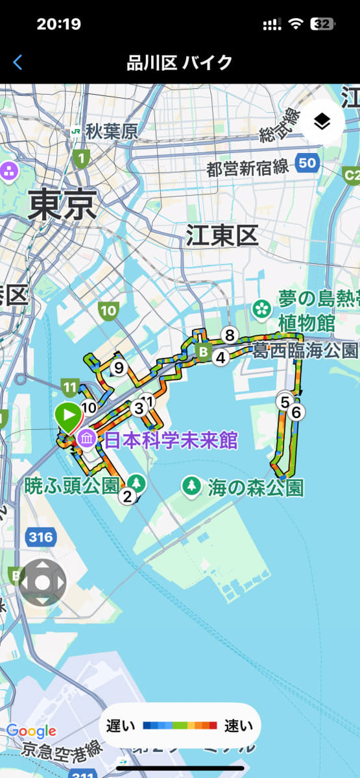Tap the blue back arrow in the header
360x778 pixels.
tap(18, 62)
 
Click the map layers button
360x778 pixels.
tap(322, 121)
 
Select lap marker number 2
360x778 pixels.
tap(127, 497)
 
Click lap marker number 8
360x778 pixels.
tap(228, 335)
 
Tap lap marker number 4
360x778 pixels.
tap(221, 357)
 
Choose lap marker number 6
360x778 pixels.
tap(296, 411)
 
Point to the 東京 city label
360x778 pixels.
tap(62, 206)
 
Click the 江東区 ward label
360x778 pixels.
tap(222, 236)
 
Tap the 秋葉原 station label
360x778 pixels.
tap(112, 132)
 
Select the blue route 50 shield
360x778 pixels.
tap(307, 162)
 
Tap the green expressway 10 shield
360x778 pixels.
tap(108, 311)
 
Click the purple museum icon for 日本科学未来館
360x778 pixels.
tap(87, 441)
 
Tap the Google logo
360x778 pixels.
tap(31, 731)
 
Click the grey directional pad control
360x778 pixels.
tap(42, 582)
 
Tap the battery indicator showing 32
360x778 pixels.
tap(322, 25)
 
